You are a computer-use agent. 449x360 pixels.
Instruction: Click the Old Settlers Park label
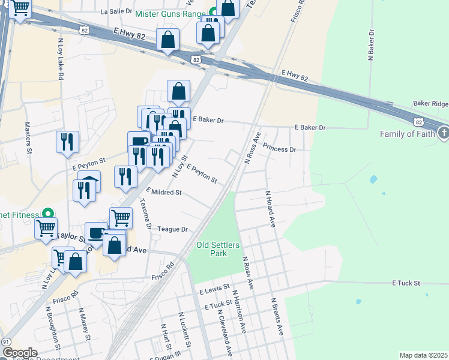(x=217, y=249)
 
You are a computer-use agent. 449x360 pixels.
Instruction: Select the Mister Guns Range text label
(x=170, y=13)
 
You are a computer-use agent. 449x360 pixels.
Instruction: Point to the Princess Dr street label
(x=280, y=149)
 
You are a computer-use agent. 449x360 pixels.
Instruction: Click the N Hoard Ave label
(x=270, y=209)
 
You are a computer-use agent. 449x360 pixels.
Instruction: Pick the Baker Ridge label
(x=430, y=104)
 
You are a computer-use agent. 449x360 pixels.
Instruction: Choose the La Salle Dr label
(x=116, y=11)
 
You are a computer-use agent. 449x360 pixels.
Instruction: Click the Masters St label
(x=28, y=139)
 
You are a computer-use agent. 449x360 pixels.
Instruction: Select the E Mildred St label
(x=163, y=193)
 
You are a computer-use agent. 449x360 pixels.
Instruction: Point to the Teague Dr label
(x=173, y=229)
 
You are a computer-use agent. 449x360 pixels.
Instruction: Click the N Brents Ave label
(x=276, y=316)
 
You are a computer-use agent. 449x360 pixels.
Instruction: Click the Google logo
(x=20, y=353)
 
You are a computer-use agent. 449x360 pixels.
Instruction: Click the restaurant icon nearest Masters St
(x=67, y=142)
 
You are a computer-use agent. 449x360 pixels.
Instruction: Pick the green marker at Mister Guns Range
(x=214, y=13)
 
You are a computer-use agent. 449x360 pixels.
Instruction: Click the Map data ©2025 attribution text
(x=423, y=355)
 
